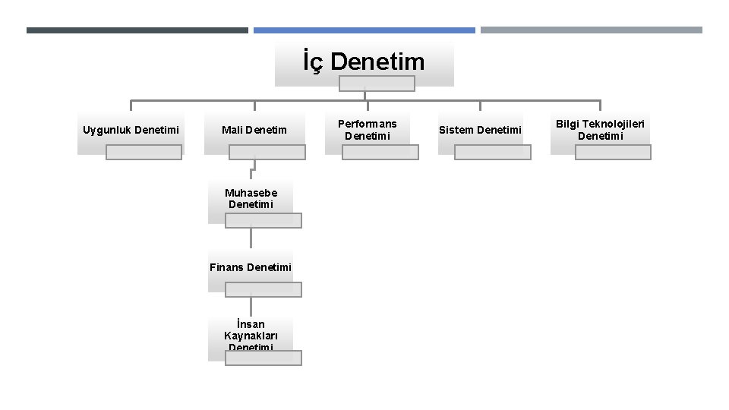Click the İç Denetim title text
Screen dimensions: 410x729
[364, 61]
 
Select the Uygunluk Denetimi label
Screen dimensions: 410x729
[131, 130]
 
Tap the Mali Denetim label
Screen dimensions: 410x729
[254, 130]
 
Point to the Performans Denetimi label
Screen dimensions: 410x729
[367, 130]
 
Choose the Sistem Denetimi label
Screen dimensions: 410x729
[480, 130]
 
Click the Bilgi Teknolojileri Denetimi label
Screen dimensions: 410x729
[600, 130]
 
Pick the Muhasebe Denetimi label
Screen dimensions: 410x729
[251, 199]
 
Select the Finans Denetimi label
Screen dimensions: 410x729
[251, 267]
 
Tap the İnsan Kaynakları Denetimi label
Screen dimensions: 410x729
[251, 336]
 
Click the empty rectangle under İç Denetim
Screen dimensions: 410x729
[377, 84]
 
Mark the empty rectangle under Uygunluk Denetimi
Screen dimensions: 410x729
[144, 152]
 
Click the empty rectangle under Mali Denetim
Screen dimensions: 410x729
[267, 152]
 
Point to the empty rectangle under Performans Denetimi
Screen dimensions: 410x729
[380, 152]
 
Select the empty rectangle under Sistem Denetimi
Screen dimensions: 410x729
[493, 152]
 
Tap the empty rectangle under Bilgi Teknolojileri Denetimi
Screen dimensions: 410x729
[613, 152]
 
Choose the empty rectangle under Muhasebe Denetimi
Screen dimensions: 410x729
[264, 220]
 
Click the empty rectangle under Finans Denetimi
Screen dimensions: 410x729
[264, 289]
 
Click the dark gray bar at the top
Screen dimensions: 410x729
[137, 30]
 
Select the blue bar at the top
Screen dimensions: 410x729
[364, 30]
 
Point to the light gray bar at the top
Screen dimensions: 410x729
[592, 30]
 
